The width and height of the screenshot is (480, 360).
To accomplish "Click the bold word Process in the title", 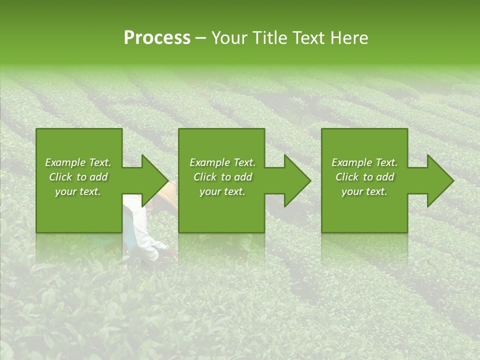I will tap(157, 38).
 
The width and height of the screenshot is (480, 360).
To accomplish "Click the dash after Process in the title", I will tap(200, 38).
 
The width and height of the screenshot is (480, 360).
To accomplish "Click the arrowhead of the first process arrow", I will tap(155, 180).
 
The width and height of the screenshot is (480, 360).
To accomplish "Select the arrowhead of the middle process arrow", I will tap(297, 180).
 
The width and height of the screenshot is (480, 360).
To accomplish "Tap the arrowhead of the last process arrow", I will tap(440, 180).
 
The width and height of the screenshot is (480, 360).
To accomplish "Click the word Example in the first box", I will tap(64, 162).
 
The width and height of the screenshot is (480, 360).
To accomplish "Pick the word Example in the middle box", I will tap(209, 162).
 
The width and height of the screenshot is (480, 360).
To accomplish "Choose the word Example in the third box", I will tap(351, 162).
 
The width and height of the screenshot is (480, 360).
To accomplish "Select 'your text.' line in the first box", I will tap(78, 191).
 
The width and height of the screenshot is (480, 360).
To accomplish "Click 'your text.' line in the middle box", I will tap(222, 191).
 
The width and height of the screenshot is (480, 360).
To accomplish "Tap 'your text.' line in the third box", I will tap(364, 191).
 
